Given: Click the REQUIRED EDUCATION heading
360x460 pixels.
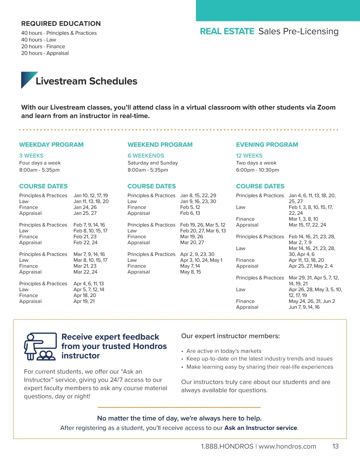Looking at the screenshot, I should [61, 24].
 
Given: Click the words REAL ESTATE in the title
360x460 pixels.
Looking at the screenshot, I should [227, 31].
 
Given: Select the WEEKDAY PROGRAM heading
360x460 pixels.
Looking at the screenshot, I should [51, 145].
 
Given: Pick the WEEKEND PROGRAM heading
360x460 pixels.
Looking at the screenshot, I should [160, 145].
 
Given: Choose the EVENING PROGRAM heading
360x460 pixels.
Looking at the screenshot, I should [267, 145].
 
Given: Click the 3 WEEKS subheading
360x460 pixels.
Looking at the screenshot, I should [31, 156].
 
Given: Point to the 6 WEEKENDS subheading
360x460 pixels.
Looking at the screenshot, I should [146, 156].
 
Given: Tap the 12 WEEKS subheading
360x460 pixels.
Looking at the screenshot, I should [249, 156].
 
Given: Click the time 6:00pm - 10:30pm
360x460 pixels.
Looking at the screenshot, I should [257, 170].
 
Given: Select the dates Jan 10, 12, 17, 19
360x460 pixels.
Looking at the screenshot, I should [91, 195].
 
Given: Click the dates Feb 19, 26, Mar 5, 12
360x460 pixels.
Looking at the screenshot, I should [202, 225].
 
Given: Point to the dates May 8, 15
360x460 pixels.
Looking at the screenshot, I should [190, 272].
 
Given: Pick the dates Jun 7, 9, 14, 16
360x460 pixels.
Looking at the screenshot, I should [304, 307].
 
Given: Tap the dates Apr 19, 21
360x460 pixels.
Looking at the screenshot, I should [84, 301].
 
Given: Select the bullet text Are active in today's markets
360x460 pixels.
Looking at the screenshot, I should [224, 351].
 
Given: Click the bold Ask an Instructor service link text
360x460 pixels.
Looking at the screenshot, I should [261, 428].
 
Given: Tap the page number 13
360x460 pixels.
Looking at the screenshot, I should [335, 447].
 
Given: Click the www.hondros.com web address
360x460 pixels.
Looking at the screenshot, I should [287, 447].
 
